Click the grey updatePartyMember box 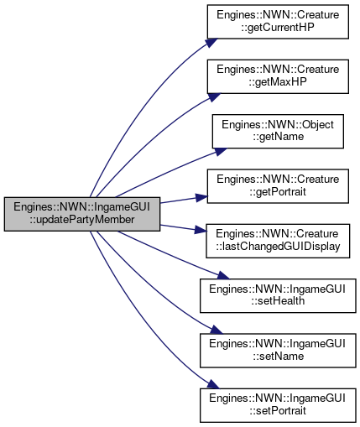pos(82,214)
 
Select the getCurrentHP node pos(278,22)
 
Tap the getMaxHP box pos(278,76)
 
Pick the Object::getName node pos(278,131)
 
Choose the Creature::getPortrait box pos(278,186)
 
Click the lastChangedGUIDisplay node pos(278,241)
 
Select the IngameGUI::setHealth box pos(278,295)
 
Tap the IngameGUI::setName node pos(278,351)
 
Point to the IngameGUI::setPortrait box pos(278,405)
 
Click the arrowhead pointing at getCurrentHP pos(212,43)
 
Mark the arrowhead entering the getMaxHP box pos(215,97)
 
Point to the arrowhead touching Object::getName pos(221,152)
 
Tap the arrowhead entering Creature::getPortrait pos(201,197)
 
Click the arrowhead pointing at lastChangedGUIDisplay pos(201,230)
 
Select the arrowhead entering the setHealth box pos(223,275)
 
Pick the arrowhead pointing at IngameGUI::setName pos(217,330)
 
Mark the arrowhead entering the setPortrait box pos(213,384)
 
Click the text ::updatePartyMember pos(82,220)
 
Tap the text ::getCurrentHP pos(278,28)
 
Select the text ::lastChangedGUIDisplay pos(278,247)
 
